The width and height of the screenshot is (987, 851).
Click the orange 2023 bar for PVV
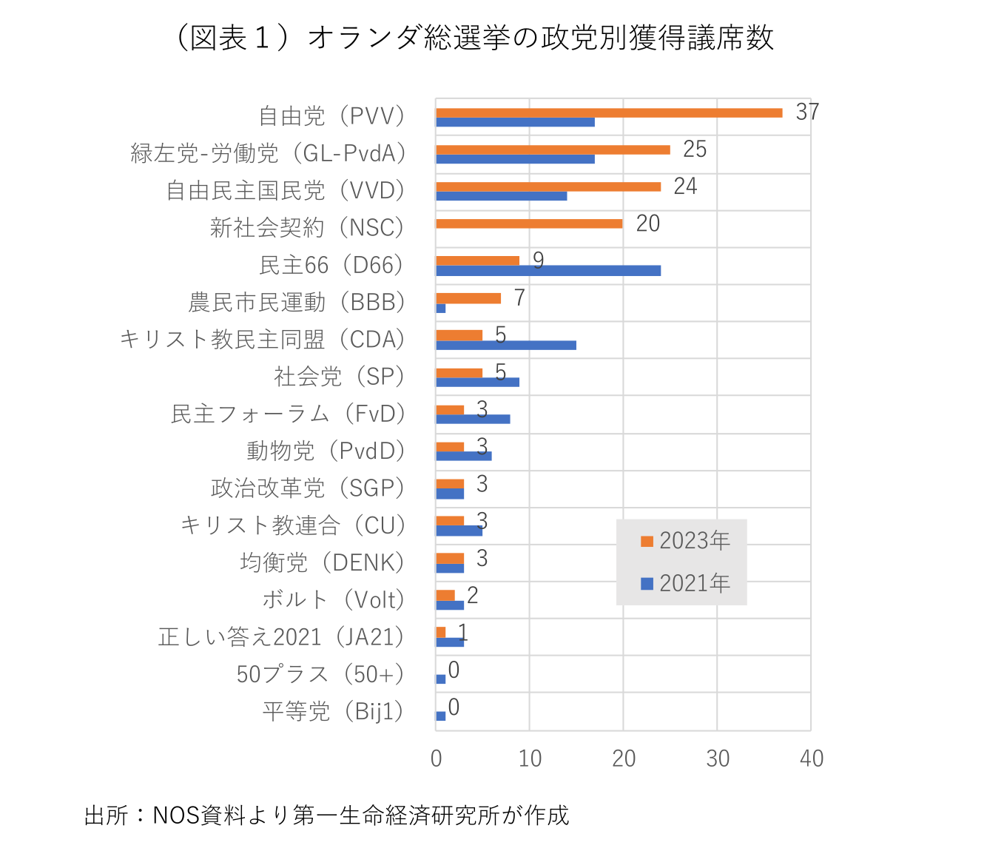tap(608, 112)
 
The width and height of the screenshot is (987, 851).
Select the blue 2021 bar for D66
tap(548, 271)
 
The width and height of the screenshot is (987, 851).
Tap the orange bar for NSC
tap(528, 223)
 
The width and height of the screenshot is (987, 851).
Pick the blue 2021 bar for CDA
tap(505, 345)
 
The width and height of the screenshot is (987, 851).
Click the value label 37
tap(807, 112)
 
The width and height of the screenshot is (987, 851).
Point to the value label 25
tap(694, 149)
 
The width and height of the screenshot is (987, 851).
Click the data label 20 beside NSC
tap(647, 223)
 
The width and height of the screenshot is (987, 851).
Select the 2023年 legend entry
tap(685, 541)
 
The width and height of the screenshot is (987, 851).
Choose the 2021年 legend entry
tap(685, 583)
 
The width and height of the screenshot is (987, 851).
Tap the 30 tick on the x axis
tap(718, 758)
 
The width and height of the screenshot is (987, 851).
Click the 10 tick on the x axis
tap(530, 758)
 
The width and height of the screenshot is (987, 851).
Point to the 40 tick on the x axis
tap(812, 758)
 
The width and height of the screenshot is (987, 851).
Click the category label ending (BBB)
tap(297, 302)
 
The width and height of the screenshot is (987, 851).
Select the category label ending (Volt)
tap(334, 599)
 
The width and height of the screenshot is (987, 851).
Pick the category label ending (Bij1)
tap(334, 711)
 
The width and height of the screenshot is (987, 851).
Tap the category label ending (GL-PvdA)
tap(269, 153)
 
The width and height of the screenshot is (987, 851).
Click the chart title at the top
tap(474, 38)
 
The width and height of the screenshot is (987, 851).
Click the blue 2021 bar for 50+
tap(441, 679)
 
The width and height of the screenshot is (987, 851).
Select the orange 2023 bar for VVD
tap(548, 186)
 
